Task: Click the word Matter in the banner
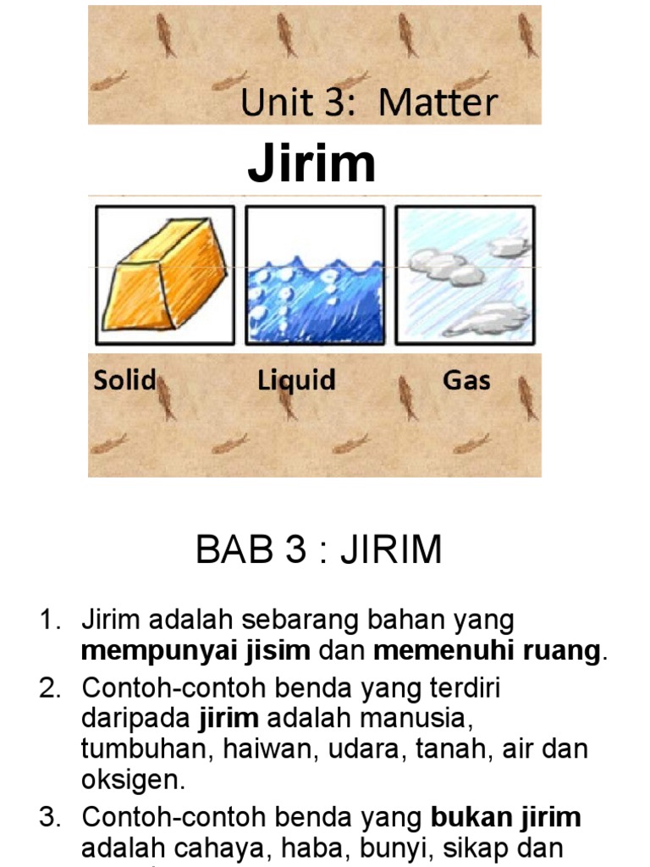(x=438, y=103)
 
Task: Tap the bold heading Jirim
(x=311, y=164)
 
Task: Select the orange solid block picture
(x=165, y=274)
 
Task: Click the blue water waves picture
(x=315, y=274)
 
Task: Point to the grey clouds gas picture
(x=465, y=274)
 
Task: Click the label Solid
(x=124, y=380)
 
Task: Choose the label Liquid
(x=296, y=381)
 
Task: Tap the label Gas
(x=466, y=380)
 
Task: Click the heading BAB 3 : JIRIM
(x=319, y=550)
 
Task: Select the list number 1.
(x=48, y=621)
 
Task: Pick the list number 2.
(x=48, y=688)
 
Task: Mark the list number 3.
(x=48, y=817)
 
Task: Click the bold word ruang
(x=562, y=652)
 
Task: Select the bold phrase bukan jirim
(x=506, y=817)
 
